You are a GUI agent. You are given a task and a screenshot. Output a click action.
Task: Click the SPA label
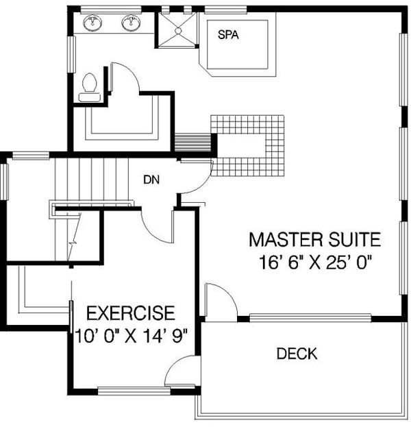pos(228,35)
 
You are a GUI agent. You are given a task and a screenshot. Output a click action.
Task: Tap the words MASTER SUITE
pos(315,240)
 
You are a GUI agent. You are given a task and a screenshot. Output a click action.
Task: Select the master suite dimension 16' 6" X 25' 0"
pos(315,263)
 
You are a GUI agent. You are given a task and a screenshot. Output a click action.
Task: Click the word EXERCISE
pos(131,313)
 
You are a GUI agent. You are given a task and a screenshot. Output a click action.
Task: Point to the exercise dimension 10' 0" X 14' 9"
pos(132,336)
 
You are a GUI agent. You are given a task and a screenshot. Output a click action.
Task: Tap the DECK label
pos(297,354)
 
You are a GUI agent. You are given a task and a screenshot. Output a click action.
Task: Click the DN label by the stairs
pos(151,180)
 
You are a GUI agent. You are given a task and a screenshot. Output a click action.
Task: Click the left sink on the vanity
pos(92,23)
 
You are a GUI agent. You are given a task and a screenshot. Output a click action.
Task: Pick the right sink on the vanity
pos(132,23)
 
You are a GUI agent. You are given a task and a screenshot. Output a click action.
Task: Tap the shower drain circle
pos(178,31)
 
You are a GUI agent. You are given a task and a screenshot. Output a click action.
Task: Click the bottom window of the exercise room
pos(134,391)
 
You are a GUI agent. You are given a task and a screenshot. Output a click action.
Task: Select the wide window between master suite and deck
pos(310,317)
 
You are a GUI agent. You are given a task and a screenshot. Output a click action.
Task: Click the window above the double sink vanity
pos(111,10)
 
